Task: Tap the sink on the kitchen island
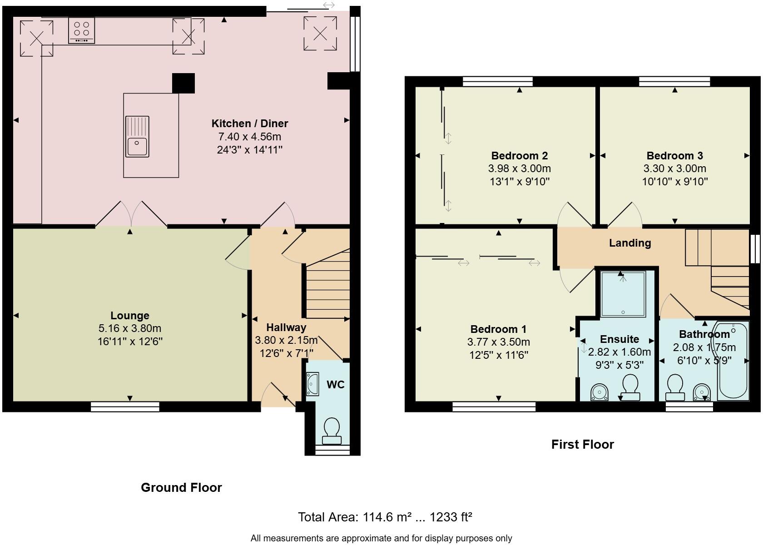(x=137, y=136)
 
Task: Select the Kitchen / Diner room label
(x=250, y=123)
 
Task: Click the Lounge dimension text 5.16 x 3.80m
(x=130, y=328)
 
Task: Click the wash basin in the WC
(x=312, y=384)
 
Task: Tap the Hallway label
(x=286, y=327)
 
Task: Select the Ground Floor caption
(x=181, y=487)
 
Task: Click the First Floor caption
(x=582, y=444)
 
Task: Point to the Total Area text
(x=385, y=517)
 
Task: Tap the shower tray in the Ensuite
(x=623, y=293)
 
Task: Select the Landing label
(x=630, y=243)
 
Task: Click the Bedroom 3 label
(x=674, y=156)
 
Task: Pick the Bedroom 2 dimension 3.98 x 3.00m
(x=520, y=168)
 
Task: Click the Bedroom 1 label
(x=498, y=329)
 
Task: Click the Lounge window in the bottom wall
(x=125, y=406)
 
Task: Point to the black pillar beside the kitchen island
(x=183, y=83)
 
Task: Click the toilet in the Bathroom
(x=675, y=387)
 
